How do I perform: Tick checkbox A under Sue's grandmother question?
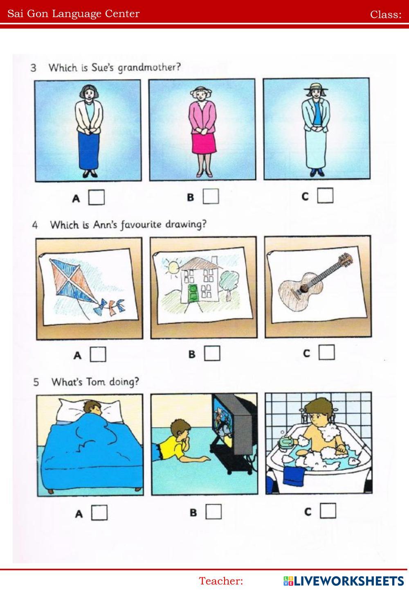96,197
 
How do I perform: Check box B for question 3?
211,196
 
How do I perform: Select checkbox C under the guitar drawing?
326,352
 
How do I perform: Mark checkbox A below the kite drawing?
98,354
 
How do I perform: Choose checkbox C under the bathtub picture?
328,510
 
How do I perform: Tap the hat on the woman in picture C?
316,87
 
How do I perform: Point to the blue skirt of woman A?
89,150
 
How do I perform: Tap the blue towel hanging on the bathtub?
294,476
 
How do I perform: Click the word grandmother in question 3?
149,68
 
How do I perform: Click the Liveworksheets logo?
343,581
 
